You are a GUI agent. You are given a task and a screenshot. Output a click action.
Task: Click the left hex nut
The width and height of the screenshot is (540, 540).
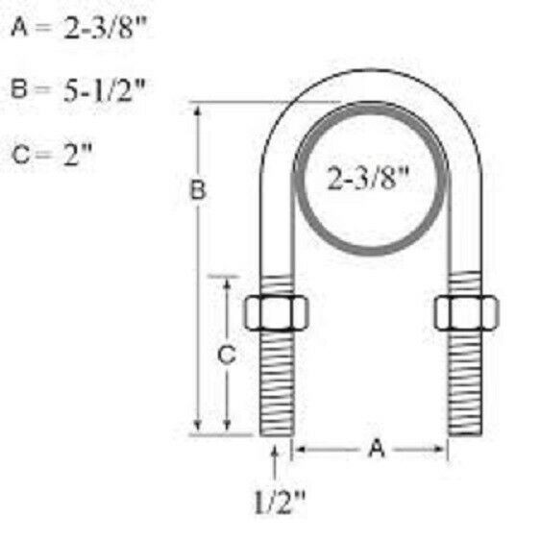[x=276, y=311]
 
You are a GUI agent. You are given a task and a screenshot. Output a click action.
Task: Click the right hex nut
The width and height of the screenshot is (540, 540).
[x=466, y=311]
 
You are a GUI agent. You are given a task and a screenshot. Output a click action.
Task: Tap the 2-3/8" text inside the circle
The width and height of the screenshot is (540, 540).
[x=371, y=180]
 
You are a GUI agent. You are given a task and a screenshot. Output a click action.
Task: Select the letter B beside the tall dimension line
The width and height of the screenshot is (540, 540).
[x=197, y=191]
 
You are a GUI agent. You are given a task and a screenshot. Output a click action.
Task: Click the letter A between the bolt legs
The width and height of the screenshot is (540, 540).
[x=376, y=448]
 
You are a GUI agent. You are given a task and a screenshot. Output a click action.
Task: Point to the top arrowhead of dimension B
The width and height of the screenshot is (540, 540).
[x=199, y=110]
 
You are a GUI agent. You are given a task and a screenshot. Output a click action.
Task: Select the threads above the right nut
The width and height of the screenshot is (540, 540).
[x=466, y=284]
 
